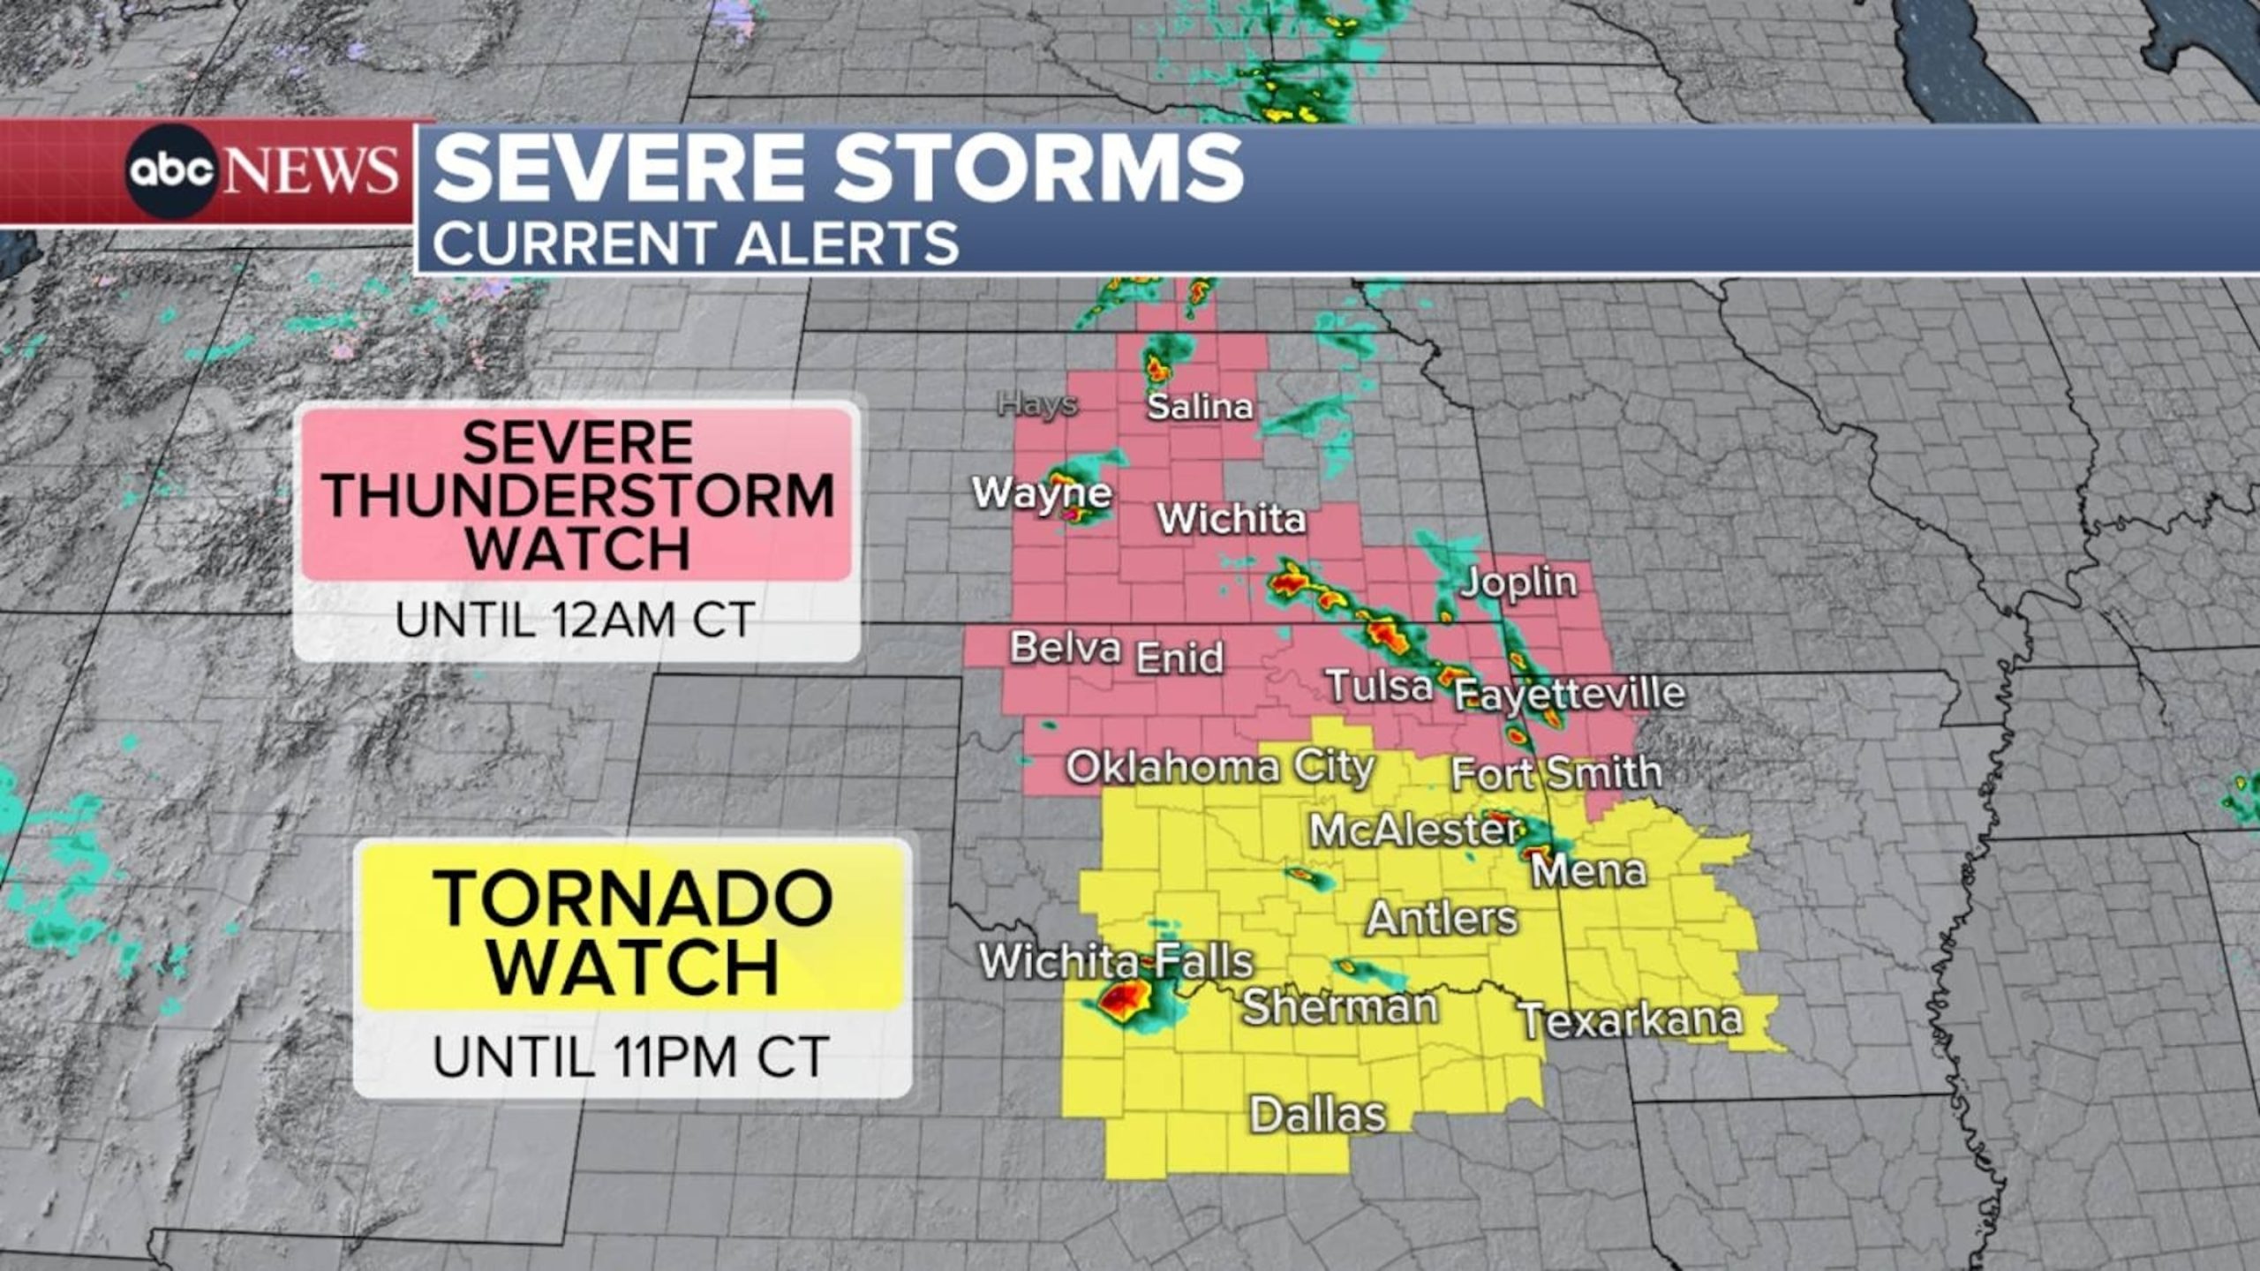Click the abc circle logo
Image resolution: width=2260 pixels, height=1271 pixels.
(170, 170)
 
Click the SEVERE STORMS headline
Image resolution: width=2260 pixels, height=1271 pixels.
(838, 168)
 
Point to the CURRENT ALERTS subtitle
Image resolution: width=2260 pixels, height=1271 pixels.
(696, 244)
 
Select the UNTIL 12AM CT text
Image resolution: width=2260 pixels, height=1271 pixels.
(576, 620)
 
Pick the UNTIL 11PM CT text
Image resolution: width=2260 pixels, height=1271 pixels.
(630, 1057)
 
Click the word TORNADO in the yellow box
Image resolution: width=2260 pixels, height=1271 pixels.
(632, 899)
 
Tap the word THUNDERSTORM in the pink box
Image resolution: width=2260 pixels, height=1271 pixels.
(578, 495)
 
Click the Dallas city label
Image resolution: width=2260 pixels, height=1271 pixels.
(1318, 1115)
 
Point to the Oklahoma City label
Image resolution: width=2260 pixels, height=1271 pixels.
(1220, 767)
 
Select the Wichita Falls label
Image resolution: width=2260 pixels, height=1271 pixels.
(1116, 961)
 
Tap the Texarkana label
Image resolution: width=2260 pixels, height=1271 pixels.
(1631, 1020)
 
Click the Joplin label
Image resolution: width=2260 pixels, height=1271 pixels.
(1518, 582)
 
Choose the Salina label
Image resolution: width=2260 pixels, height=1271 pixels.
(1200, 407)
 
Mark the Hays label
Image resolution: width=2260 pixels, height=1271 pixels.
(1037, 404)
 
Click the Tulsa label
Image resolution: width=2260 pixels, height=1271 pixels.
(1379, 686)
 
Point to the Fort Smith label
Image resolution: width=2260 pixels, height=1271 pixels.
(1556, 773)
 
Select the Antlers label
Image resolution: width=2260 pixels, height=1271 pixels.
(1442, 919)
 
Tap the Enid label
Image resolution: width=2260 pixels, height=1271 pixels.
(1179, 658)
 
